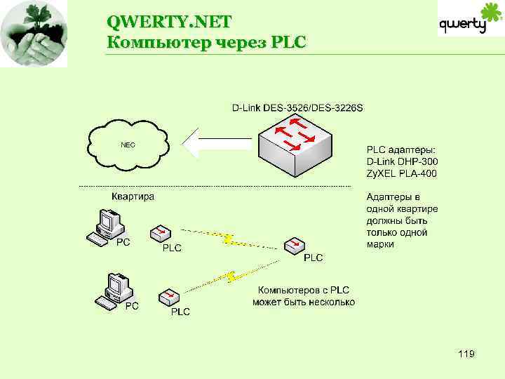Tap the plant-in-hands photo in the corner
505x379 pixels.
(x=34, y=33)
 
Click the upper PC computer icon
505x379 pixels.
(x=107, y=227)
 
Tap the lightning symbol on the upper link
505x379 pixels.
(x=227, y=239)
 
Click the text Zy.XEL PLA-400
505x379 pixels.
(x=400, y=173)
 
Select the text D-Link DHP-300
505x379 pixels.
(x=400, y=161)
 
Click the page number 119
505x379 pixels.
(x=465, y=354)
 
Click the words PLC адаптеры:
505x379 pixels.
(x=400, y=149)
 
